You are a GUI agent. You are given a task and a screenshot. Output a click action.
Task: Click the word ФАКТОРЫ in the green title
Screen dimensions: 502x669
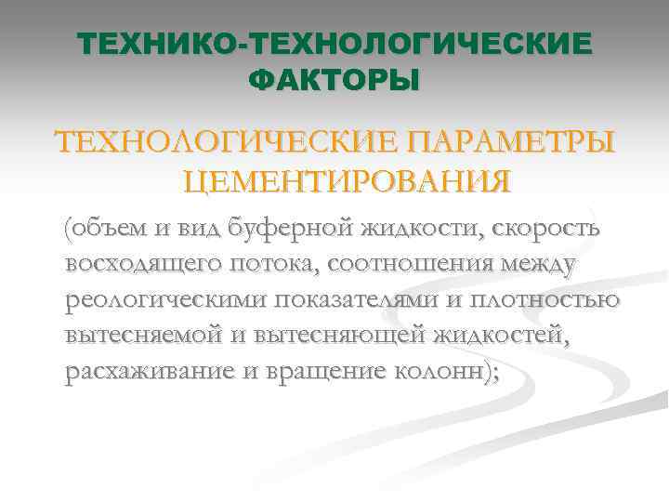point(334,79)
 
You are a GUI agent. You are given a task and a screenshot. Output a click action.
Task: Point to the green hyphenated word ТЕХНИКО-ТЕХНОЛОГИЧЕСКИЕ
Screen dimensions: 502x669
point(334,45)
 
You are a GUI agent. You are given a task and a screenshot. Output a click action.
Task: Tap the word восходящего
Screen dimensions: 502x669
point(144,263)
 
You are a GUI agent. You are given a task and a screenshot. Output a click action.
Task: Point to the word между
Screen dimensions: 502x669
point(541,263)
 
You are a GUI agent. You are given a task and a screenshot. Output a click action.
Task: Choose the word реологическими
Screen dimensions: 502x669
point(160,299)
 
